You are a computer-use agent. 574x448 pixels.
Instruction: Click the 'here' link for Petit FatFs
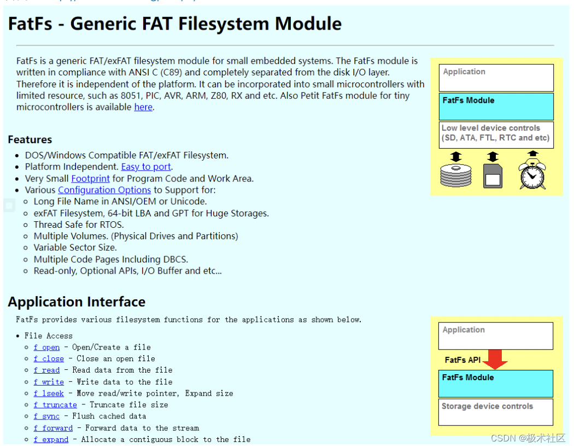click(x=143, y=107)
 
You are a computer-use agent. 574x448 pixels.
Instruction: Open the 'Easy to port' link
click(x=147, y=167)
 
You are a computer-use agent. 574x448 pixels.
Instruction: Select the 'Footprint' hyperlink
click(x=90, y=178)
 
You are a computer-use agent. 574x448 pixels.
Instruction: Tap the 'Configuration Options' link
click(x=104, y=190)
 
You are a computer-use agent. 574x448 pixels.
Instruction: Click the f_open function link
click(x=46, y=347)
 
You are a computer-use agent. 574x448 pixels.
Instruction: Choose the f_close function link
click(x=49, y=359)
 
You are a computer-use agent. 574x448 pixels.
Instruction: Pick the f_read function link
click(x=46, y=370)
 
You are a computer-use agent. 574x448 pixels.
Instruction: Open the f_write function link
click(x=49, y=382)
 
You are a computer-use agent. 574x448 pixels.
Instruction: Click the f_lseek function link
click(x=49, y=393)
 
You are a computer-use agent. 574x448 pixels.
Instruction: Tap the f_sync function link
click(x=46, y=417)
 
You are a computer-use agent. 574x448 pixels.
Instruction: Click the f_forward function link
click(x=53, y=428)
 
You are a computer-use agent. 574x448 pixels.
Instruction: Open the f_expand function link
click(x=51, y=440)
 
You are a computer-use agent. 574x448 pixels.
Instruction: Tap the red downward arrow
click(x=497, y=359)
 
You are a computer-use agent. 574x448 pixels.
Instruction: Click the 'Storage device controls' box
click(x=496, y=412)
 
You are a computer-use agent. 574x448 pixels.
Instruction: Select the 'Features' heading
click(x=30, y=140)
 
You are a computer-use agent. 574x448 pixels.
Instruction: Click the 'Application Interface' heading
click(x=77, y=302)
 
